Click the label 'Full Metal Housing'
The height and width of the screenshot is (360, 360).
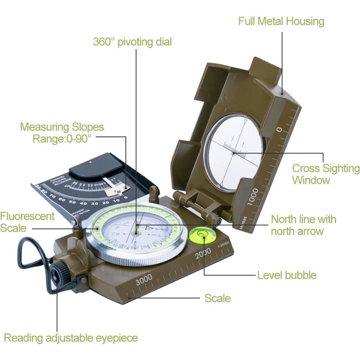(281, 21)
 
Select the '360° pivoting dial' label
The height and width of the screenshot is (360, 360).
(132, 41)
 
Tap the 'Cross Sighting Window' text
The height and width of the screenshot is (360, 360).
(325, 174)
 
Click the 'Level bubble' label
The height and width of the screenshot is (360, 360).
(287, 275)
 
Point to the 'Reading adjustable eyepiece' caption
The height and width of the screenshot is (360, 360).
(71, 338)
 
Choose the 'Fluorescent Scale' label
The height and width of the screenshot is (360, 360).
(27, 222)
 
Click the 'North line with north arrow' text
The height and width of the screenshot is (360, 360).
(303, 225)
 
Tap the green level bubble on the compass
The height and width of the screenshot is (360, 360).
(202, 235)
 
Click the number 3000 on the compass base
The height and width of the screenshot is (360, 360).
(144, 279)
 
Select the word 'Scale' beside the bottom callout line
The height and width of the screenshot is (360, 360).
(217, 298)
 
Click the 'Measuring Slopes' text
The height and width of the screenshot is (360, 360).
(62, 127)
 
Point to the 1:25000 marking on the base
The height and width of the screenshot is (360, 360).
(223, 246)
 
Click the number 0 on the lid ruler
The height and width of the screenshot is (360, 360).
(279, 130)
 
